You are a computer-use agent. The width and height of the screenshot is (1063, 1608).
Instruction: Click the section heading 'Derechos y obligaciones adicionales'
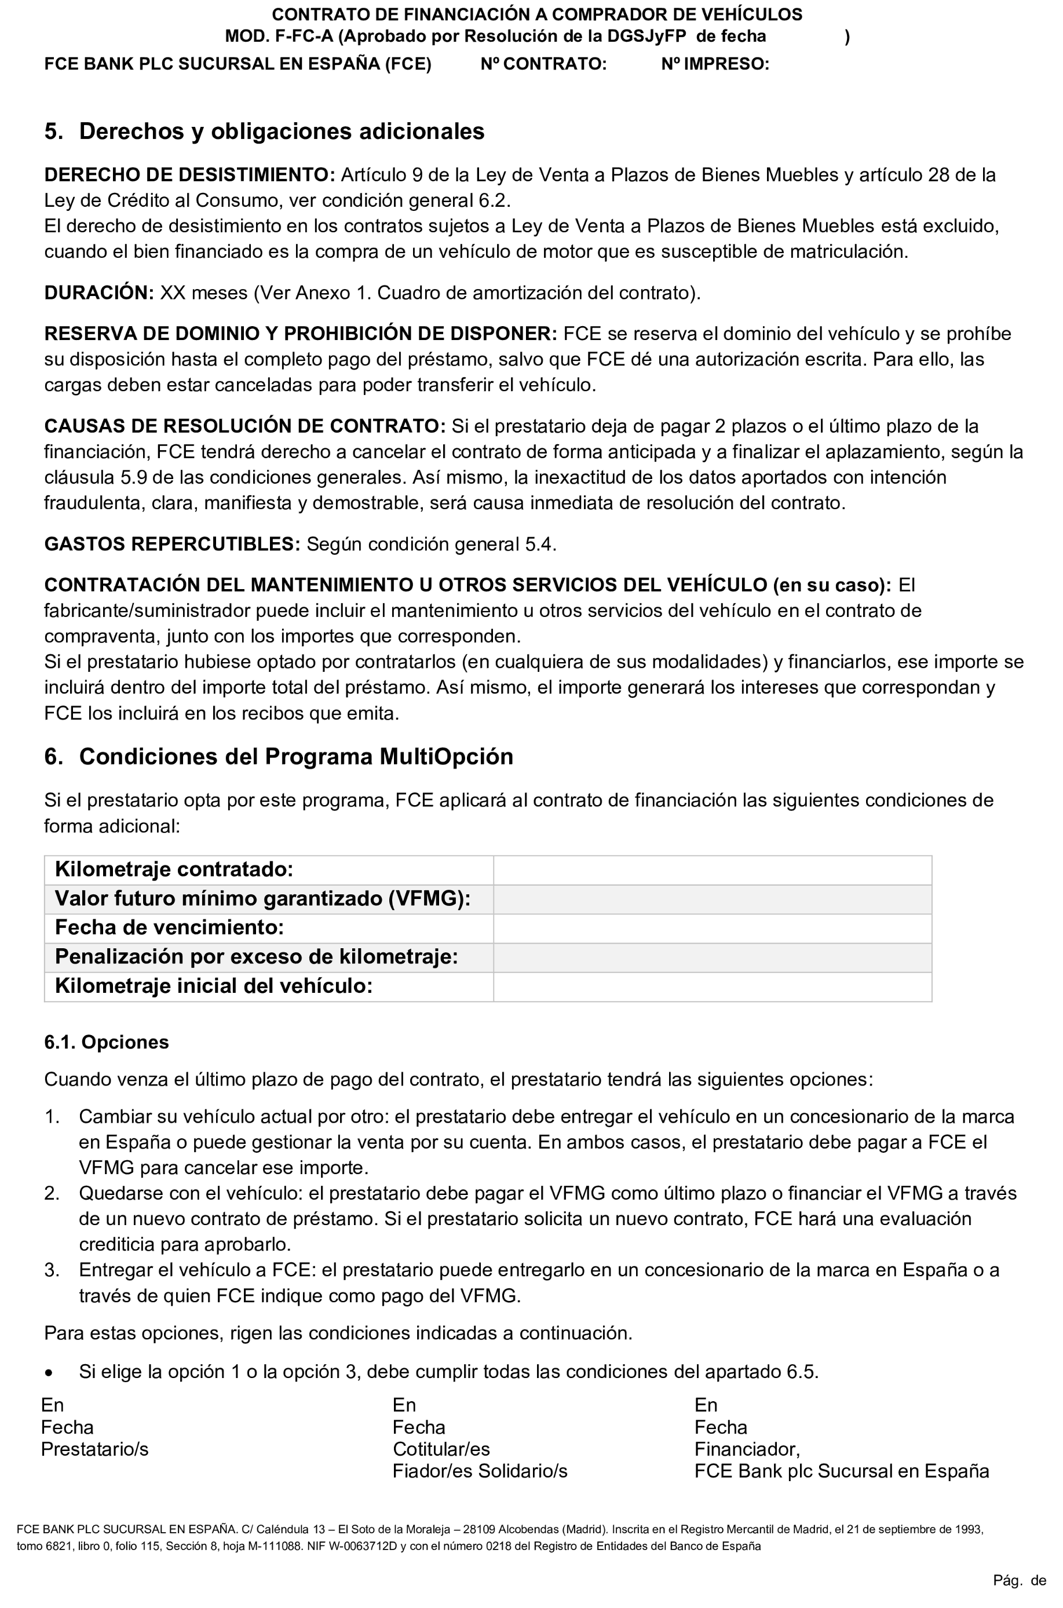[x=282, y=131]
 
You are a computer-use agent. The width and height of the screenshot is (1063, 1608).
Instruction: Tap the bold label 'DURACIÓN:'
[x=99, y=293]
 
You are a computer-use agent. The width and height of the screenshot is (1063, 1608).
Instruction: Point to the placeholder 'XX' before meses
[x=172, y=293]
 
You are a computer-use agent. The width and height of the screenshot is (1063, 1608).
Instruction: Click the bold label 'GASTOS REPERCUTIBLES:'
[x=171, y=544]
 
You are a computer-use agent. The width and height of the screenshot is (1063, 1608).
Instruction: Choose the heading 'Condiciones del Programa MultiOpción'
[x=295, y=756]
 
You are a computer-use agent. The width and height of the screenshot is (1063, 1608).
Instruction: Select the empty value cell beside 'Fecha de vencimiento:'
[x=712, y=928]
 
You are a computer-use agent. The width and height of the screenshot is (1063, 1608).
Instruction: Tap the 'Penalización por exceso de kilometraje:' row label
[x=256, y=956]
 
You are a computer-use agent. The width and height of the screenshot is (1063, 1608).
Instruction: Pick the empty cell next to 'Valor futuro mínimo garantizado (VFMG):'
[x=712, y=899]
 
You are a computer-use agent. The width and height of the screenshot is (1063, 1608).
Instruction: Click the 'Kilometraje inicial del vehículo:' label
[x=214, y=986]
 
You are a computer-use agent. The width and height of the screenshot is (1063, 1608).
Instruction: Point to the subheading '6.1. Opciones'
[x=107, y=1042]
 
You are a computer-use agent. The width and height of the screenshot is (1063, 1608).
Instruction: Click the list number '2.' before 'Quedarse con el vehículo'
[x=52, y=1193]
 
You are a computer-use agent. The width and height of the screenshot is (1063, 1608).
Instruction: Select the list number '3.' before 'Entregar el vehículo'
[x=52, y=1270]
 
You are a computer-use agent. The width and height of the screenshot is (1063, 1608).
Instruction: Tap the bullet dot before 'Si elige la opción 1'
[x=49, y=1372]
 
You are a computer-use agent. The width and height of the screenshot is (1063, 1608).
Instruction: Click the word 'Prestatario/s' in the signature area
[x=94, y=1449]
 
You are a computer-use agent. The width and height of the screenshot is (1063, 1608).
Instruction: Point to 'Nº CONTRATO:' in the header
[x=543, y=64]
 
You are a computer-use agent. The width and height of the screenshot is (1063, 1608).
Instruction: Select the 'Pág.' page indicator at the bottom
[x=1007, y=1580]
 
